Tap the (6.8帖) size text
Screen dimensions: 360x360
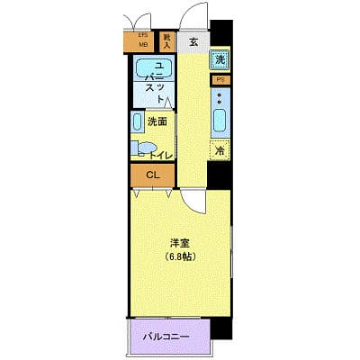178,256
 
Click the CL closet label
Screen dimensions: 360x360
152,175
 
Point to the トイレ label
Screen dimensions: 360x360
160,154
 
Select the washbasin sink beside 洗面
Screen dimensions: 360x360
137,123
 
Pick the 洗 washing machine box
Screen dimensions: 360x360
220,60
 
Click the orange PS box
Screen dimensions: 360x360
220,79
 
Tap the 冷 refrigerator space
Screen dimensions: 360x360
219,150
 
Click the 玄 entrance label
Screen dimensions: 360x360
194,41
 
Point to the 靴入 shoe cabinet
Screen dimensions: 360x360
167,40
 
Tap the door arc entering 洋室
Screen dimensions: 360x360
190,201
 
